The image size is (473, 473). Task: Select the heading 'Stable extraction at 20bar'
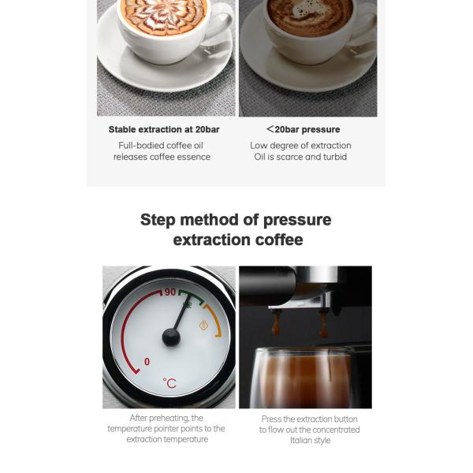click(x=163, y=129)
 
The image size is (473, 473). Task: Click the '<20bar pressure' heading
click(x=303, y=129)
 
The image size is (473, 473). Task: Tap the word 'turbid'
click(x=333, y=157)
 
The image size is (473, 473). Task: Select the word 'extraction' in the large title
click(x=214, y=240)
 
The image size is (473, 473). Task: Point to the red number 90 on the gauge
click(x=169, y=292)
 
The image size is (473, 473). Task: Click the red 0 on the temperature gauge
click(x=147, y=362)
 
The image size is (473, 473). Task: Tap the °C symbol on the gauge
click(x=169, y=383)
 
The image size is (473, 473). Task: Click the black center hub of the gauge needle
click(x=171, y=337)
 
